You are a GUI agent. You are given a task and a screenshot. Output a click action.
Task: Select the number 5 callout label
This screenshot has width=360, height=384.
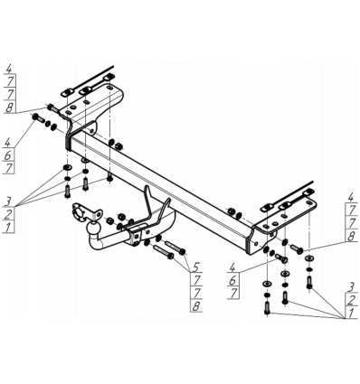(x=196, y=267)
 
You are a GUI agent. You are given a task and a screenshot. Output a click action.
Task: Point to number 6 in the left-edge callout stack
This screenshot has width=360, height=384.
(x=8, y=155)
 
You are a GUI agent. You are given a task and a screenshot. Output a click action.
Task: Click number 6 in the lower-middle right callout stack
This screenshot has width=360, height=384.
(x=232, y=280)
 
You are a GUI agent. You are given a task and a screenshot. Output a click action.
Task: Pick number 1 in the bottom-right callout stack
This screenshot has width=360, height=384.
(x=350, y=314)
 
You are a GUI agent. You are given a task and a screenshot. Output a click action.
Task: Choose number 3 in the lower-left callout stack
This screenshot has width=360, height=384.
(x=8, y=201)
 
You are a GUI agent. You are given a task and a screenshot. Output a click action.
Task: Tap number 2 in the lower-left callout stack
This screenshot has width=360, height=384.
(x=8, y=214)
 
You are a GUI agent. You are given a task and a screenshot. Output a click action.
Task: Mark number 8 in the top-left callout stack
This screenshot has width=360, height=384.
(x=9, y=108)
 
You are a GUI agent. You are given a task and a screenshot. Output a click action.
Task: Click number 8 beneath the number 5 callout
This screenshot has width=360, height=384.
(x=196, y=306)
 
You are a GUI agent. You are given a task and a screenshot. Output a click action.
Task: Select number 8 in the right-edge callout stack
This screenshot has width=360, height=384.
(x=351, y=237)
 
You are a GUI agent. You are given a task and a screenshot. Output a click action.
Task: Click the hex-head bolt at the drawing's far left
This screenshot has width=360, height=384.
(x=38, y=118)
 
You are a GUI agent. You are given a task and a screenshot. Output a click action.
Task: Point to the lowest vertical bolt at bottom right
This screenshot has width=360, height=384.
(x=267, y=308)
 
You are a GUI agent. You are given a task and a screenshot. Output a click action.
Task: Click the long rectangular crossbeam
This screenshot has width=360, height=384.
(x=160, y=187)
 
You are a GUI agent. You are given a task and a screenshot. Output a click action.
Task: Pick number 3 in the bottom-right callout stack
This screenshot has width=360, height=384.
(x=350, y=287)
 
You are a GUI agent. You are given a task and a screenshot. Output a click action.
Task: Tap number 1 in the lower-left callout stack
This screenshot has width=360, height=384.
(x=9, y=227)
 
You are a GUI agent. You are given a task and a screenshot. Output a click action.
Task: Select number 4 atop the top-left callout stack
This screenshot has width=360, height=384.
(x=9, y=69)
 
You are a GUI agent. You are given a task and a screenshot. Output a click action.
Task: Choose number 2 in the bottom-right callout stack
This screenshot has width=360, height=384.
(x=350, y=300)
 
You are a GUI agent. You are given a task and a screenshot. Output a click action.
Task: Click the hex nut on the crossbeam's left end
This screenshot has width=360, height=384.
(x=118, y=146)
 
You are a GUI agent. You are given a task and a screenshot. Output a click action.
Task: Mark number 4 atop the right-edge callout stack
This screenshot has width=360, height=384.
(x=350, y=197)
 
